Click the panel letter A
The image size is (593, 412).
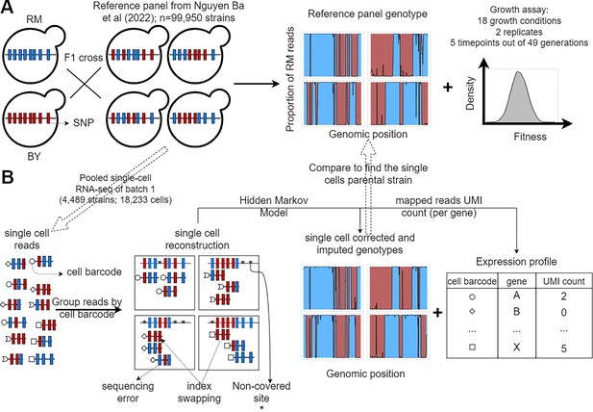point(7,7)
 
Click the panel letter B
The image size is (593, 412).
point(8,177)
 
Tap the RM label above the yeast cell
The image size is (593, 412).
point(34,19)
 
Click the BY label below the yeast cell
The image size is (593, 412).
point(34,156)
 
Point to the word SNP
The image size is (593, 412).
point(83,122)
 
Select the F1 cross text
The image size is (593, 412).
point(84,58)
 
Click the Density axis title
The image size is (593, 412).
point(470,93)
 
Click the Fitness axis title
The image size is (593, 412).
point(530,137)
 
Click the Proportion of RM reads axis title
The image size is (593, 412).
point(290,79)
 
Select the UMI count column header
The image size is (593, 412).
point(563,281)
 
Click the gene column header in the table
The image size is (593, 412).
point(516,281)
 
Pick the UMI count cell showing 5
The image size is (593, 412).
point(563,348)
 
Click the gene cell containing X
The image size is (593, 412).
point(516,347)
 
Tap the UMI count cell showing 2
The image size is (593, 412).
point(563,296)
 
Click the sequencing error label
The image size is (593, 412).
point(128,392)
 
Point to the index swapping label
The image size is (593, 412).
point(199,392)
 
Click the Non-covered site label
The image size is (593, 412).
point(261,392)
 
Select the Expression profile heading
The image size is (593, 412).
point(516,262)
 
